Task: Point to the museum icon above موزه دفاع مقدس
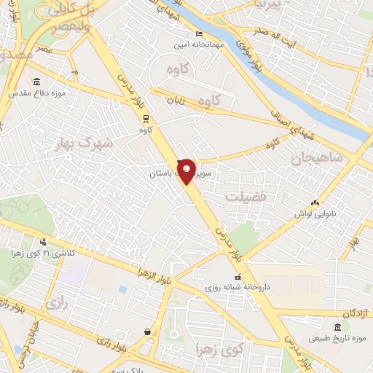click(36, 82)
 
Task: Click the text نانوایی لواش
click(315, 213)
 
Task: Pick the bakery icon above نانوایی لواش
click(315, 202)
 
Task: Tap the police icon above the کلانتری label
click(44, 242)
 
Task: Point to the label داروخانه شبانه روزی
click(237, 288)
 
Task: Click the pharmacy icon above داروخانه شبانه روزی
click(237, 276)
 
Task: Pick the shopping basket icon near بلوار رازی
click(149, 331)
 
